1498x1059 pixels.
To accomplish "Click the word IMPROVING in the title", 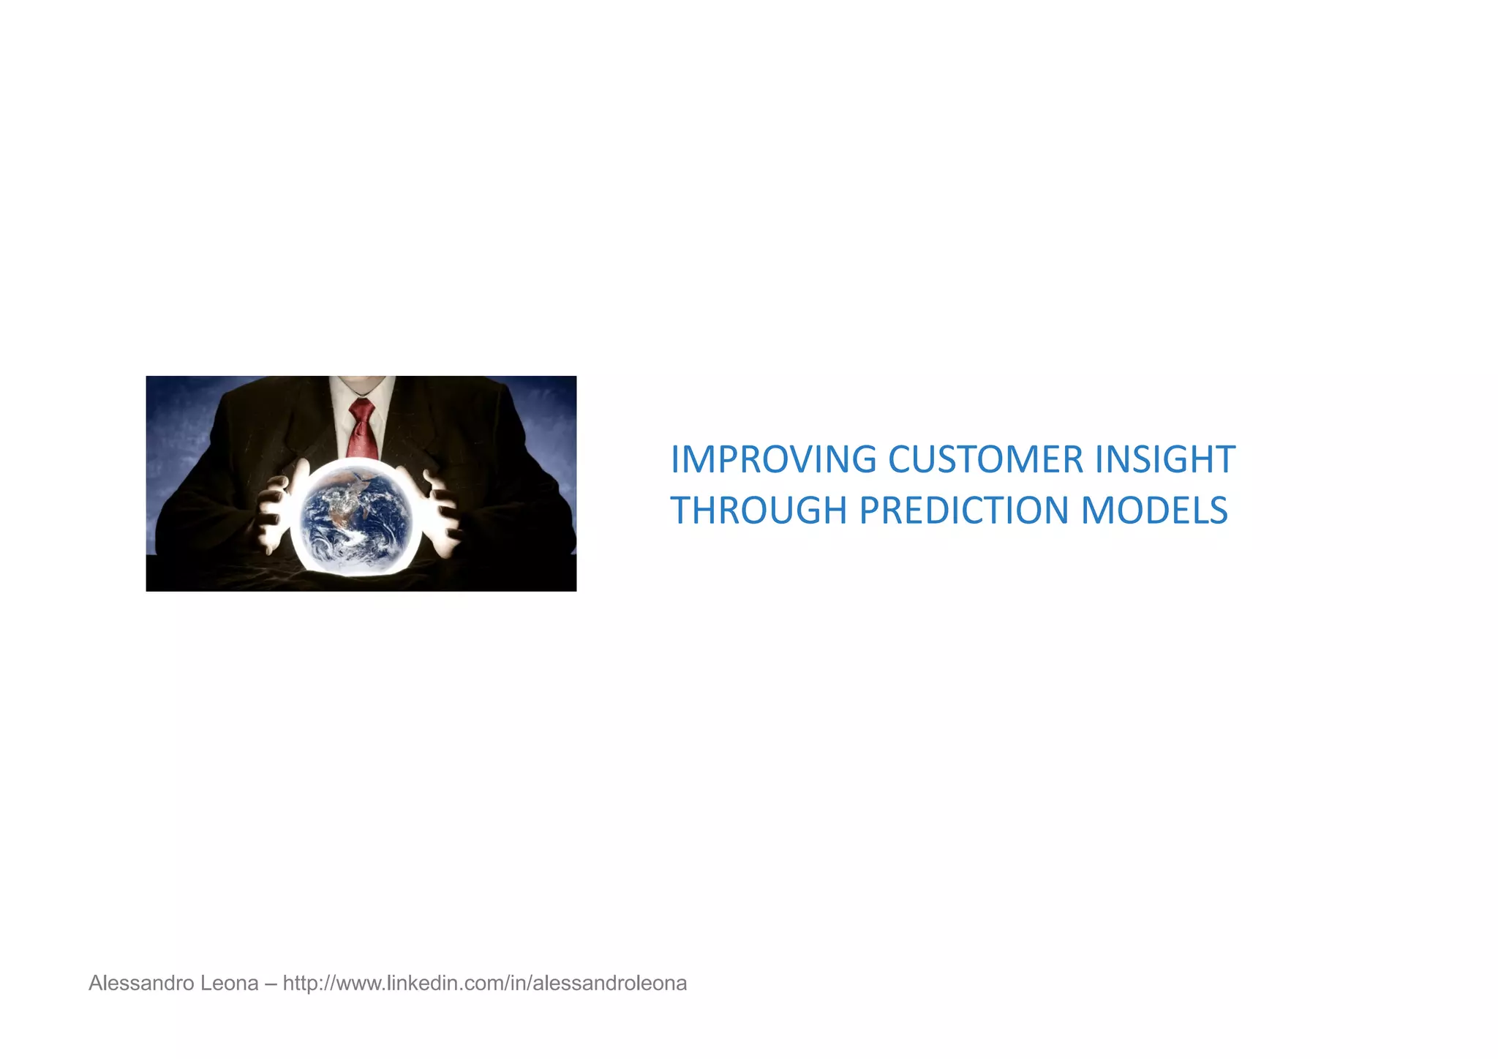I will point(773,460).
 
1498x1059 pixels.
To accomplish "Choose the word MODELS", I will point(1153,510).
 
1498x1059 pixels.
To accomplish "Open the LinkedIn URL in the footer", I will point(484,984).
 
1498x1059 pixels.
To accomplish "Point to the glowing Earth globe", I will point(357,518).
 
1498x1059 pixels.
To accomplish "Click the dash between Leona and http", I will point(271,984).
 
